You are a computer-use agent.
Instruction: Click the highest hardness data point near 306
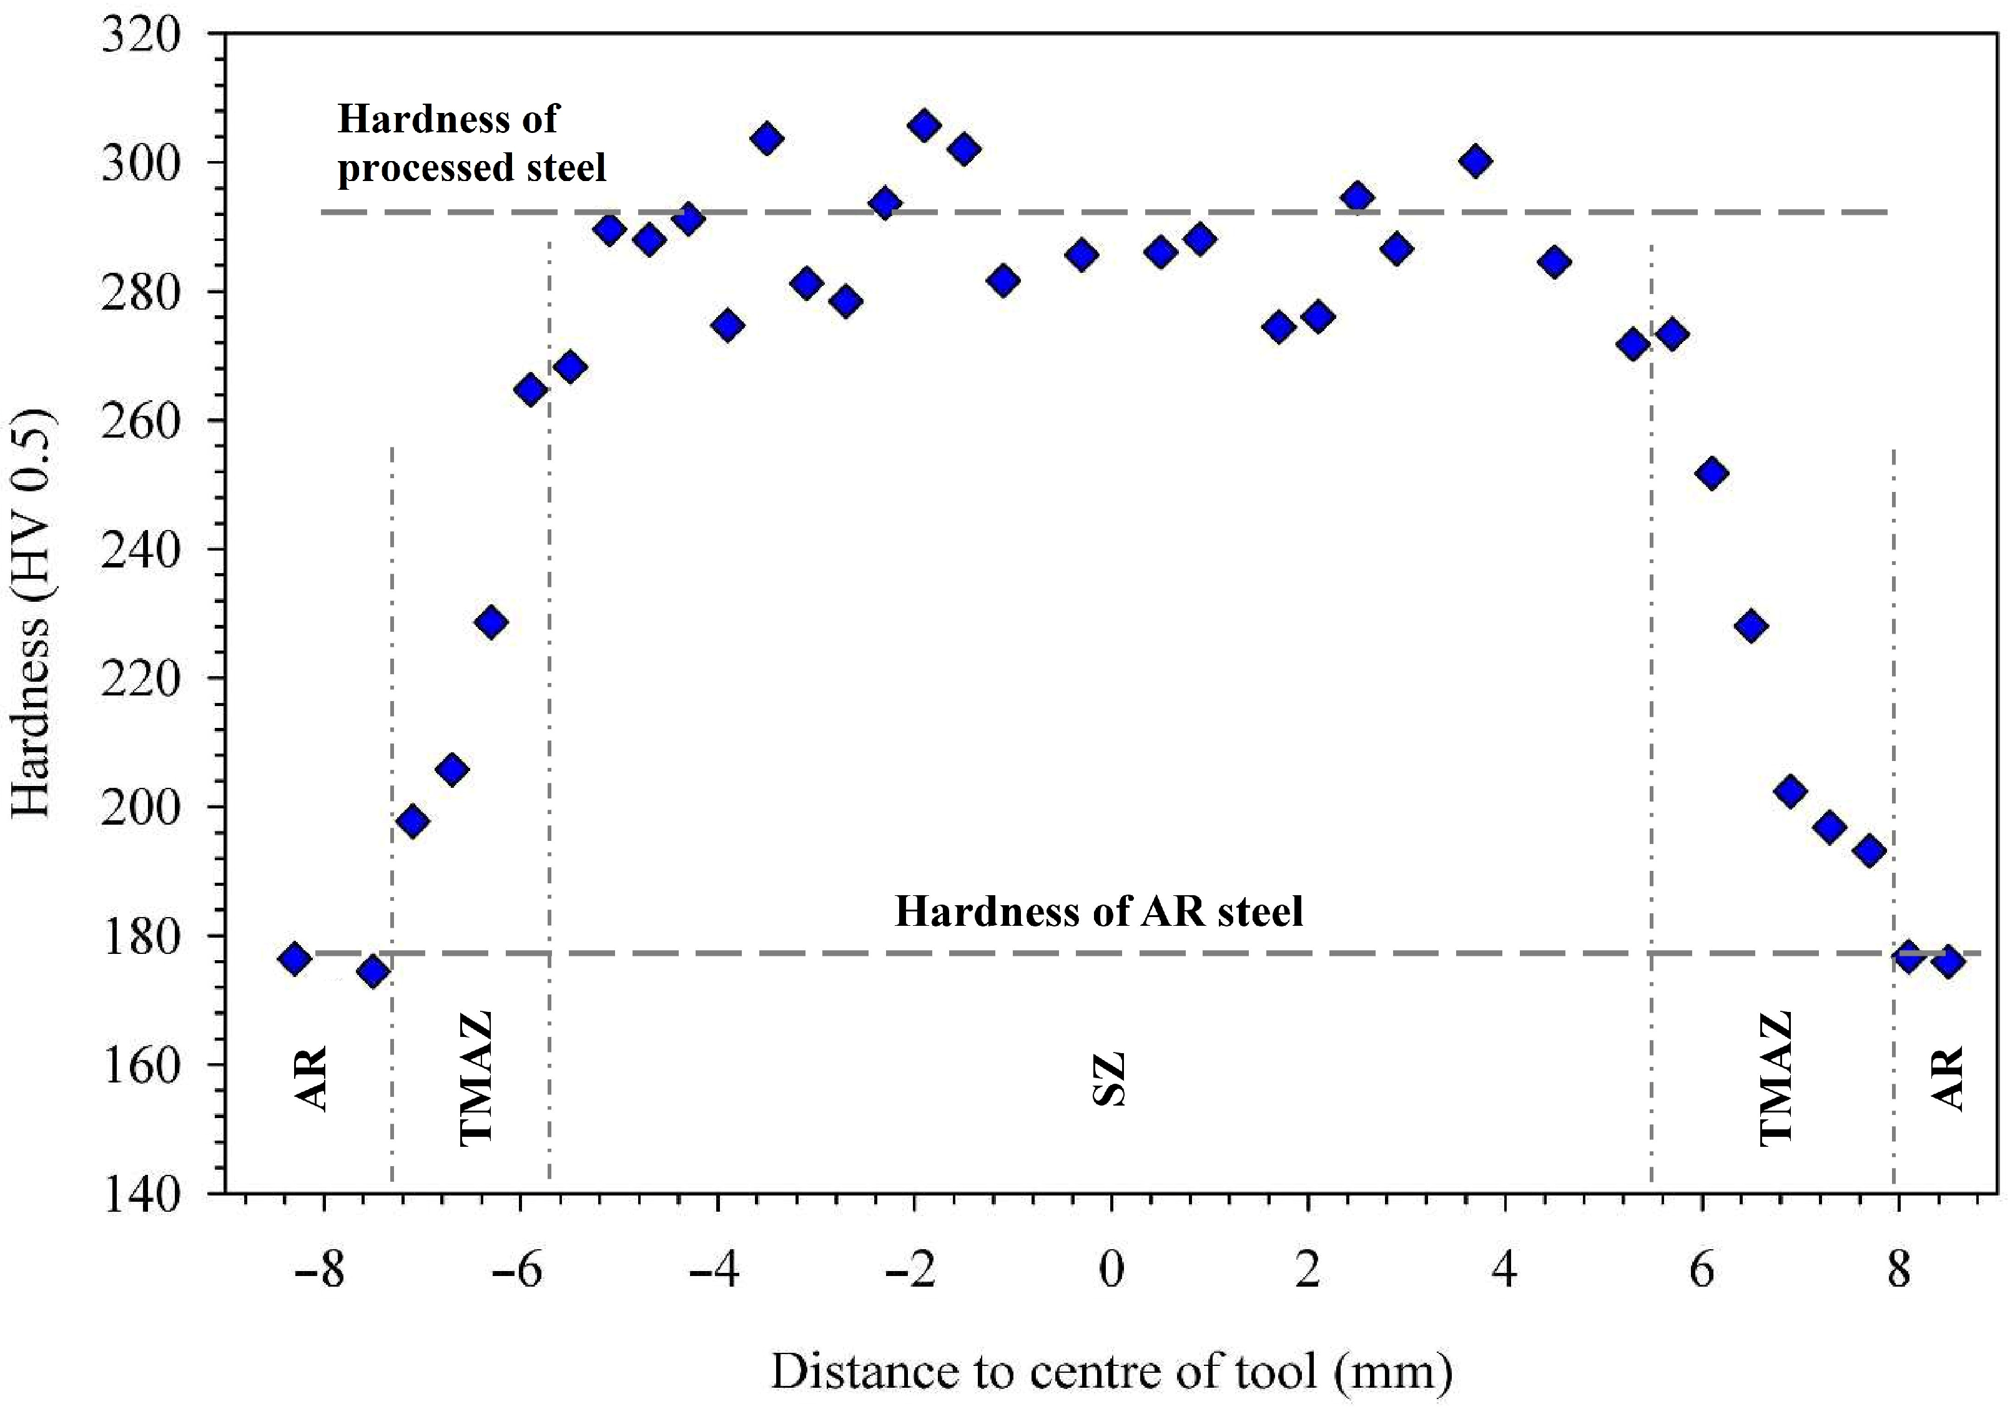[x=924, y=126]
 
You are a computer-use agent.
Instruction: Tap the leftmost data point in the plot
[x=294, y=958]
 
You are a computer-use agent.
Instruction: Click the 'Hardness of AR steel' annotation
[x=1099, y=913]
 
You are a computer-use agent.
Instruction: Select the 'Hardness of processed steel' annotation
[x=471, y=143]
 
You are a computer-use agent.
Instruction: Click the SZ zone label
[x=1110, y=1079]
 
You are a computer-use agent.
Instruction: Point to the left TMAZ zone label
[x=476, y=1079]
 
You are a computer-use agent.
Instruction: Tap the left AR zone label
[x=313, y=1079]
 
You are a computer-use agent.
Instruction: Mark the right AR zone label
[x=1948, y=1079]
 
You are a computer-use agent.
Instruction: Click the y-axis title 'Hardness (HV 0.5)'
[x=33, y=614]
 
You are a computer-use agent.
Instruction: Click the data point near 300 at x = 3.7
[x=1476, y=162]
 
